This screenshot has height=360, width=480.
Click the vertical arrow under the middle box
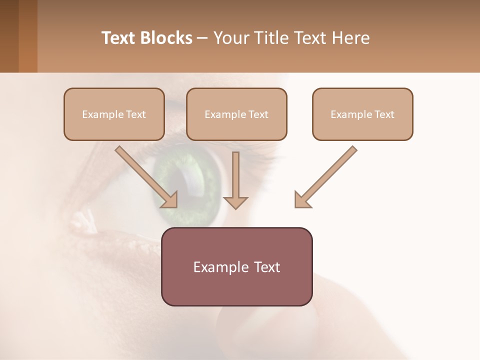pos(235,180)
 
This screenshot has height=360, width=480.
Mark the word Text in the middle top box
pos(258,114)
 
